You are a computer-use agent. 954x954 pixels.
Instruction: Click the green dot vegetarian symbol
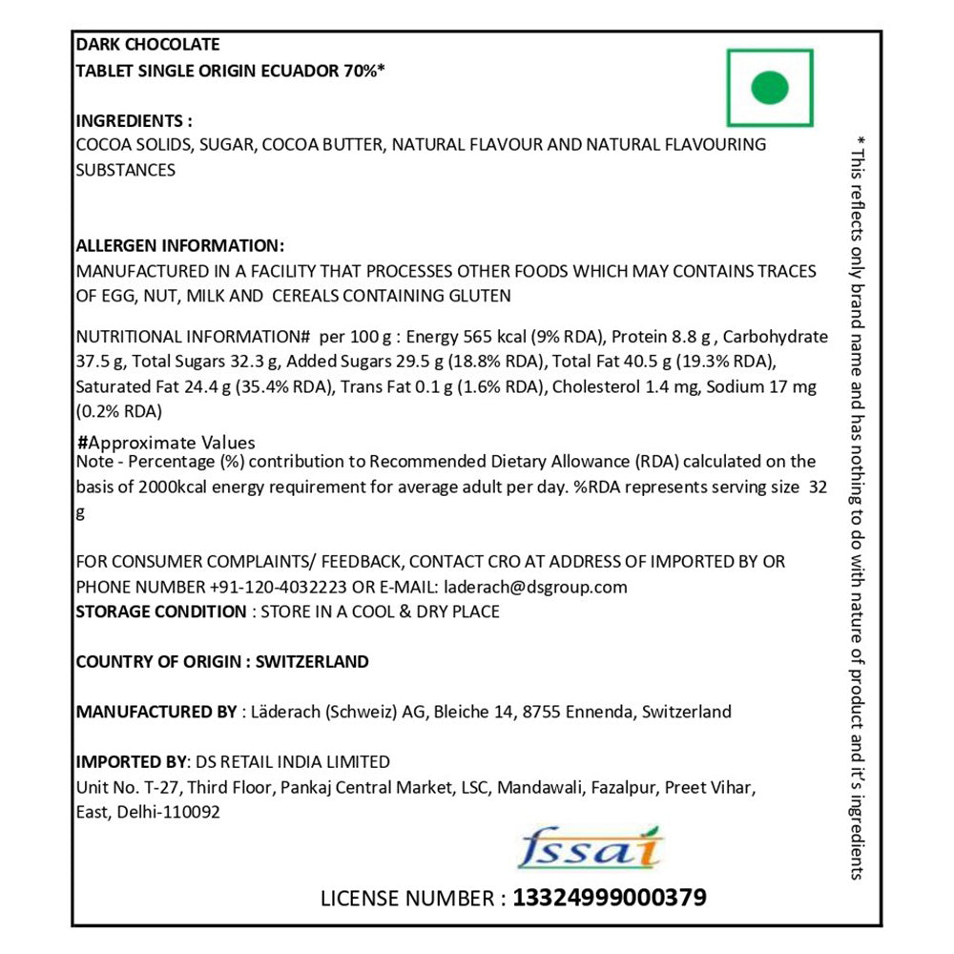(770, 89)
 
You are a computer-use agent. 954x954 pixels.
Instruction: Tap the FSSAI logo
(592, 848)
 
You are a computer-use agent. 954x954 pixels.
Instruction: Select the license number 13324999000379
(610, 898)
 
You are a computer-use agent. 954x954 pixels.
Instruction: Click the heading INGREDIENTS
(134, 121)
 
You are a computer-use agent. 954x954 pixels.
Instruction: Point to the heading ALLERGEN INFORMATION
(179, 245)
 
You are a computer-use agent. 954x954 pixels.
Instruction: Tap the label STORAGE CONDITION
(160, 612)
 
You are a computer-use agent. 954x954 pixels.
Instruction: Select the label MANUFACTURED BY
(156, 712)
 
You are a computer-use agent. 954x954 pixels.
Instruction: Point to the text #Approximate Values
(166, 443)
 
